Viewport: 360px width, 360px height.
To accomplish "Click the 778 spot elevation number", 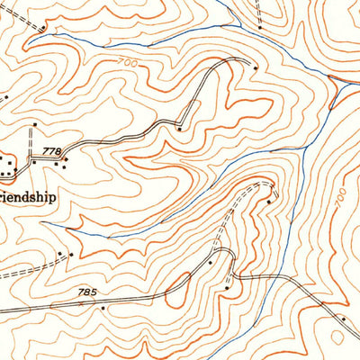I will (x=52, y=153).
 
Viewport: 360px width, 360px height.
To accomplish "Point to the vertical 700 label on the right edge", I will (x=339, y=200).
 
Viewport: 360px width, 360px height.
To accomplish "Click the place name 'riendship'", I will (x=28, y=193).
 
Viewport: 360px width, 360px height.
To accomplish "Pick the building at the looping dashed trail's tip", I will (x=268, y=202).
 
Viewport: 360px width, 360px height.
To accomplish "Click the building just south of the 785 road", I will (x=103, y=308).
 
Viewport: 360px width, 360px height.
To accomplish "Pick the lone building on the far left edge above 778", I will (x=4, y=95).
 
